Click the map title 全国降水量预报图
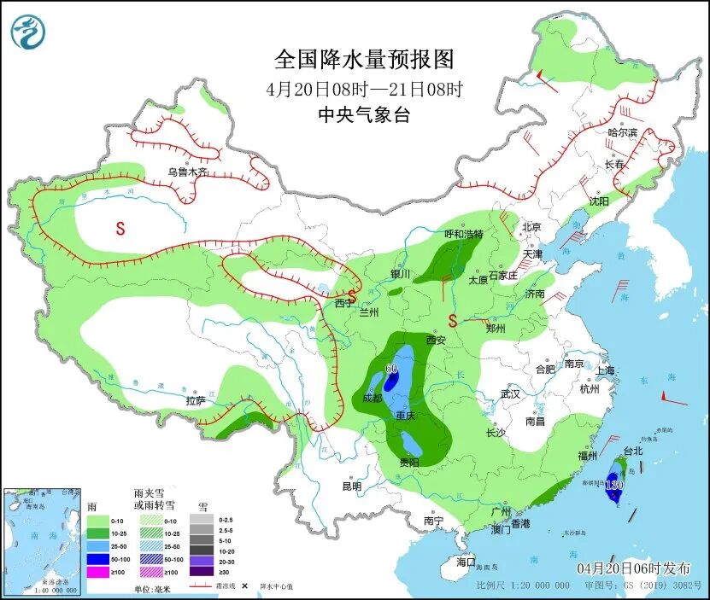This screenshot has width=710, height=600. (x=363, y=59)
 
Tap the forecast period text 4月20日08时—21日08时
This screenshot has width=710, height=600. (x=363, y=88)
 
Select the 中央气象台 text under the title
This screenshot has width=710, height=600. (x=363, y=115)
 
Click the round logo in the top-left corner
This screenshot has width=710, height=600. (x=27, y=32)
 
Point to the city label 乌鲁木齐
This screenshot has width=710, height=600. (x=187, y=172)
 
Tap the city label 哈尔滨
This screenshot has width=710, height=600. (x=622, y=132)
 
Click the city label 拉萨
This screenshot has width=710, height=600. (x=195, y=400)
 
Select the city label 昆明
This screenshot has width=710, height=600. (x=351, y=486)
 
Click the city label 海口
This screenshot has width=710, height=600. (x=465, y=562)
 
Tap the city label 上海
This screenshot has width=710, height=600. (x=606, y=370)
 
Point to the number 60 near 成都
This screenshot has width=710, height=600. (x=392, y=369)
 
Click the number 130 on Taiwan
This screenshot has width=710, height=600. (x=613, y=485)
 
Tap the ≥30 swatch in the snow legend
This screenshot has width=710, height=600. (x=199, y=572)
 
